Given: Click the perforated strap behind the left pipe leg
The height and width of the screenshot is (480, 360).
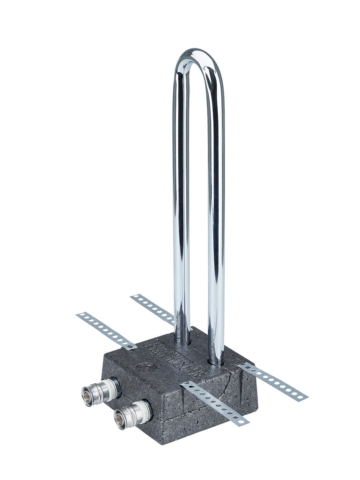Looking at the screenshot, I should tap(153, 308).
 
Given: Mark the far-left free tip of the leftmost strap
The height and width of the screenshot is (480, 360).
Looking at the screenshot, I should tap(78, 315).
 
